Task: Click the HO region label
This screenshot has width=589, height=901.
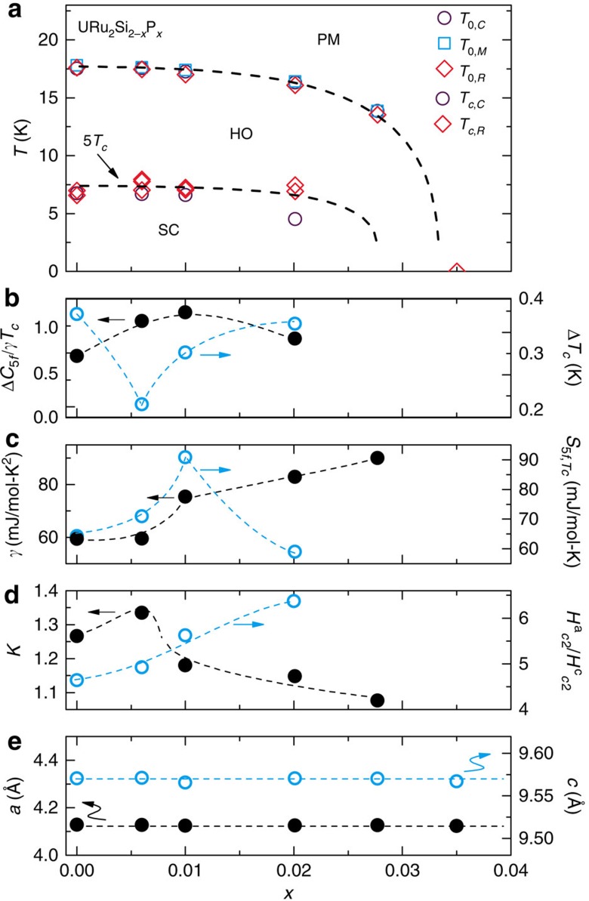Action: tap(241, 134)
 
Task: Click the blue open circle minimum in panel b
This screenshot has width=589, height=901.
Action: tap(141, 404)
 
